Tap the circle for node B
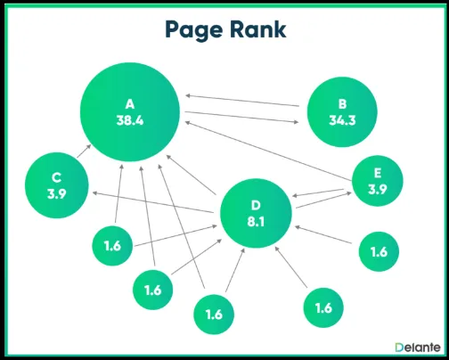point(342,111)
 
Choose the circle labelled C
point(55,184)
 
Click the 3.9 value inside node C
point(55,193)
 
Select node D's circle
point(256,214)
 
